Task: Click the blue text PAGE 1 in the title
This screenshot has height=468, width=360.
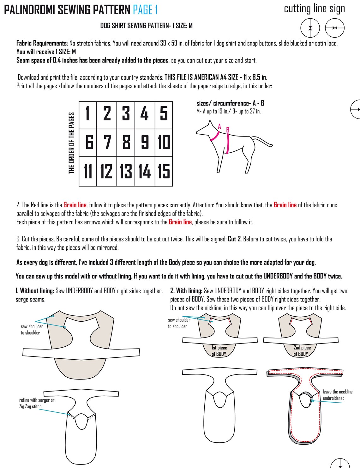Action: [145, 10]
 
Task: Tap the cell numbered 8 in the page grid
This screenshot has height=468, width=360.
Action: [126, 142]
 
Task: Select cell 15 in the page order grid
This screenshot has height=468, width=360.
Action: [164, 171]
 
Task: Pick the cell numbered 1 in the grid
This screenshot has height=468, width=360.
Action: [88, 113]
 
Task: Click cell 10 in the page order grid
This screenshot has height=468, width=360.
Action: [164, 142]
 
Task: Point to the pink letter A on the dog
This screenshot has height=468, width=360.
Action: [219, 127]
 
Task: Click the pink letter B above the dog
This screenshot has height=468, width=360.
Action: [228, 130]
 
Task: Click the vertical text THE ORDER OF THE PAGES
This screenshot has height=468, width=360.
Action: [72, 143]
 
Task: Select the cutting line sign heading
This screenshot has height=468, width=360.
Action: [314, 9]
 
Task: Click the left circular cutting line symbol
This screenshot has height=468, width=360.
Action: [310, 28]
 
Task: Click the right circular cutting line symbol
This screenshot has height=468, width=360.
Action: [335, 28]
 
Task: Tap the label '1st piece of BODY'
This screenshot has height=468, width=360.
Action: [219, 351]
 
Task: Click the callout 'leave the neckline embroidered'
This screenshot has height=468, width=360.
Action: [337, 395]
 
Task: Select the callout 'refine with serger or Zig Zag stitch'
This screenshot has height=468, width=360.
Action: [36, 403]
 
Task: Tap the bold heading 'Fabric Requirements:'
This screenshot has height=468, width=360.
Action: [42, 43]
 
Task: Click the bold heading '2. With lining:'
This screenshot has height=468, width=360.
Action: [186, 291]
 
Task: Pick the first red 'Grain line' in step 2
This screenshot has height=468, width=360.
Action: [75, 205]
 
